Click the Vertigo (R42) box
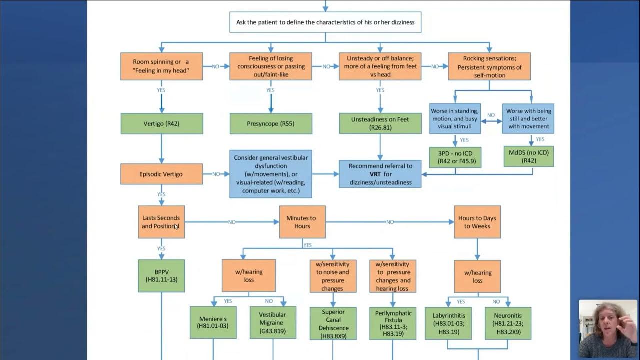pos(161,123)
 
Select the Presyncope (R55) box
pos(271,123)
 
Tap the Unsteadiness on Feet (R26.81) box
pos(380,123)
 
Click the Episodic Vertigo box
pos(161,174)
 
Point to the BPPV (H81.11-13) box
pos(161,276)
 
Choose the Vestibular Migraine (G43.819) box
pos(273,323)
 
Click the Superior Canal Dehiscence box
pos(332,324)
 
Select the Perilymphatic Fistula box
pos(393,324)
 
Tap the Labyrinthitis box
pos(448,323)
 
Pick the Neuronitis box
pos(508,323)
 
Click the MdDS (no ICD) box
pos(528,156)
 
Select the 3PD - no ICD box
pos(455,156)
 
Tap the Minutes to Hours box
pos(302,222)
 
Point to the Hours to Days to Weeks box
pos(477,222)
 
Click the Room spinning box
pos(161,66)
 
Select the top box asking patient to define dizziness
pos(325,22)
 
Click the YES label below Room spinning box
pos(161,90)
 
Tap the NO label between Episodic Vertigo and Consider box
pos(216,174)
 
